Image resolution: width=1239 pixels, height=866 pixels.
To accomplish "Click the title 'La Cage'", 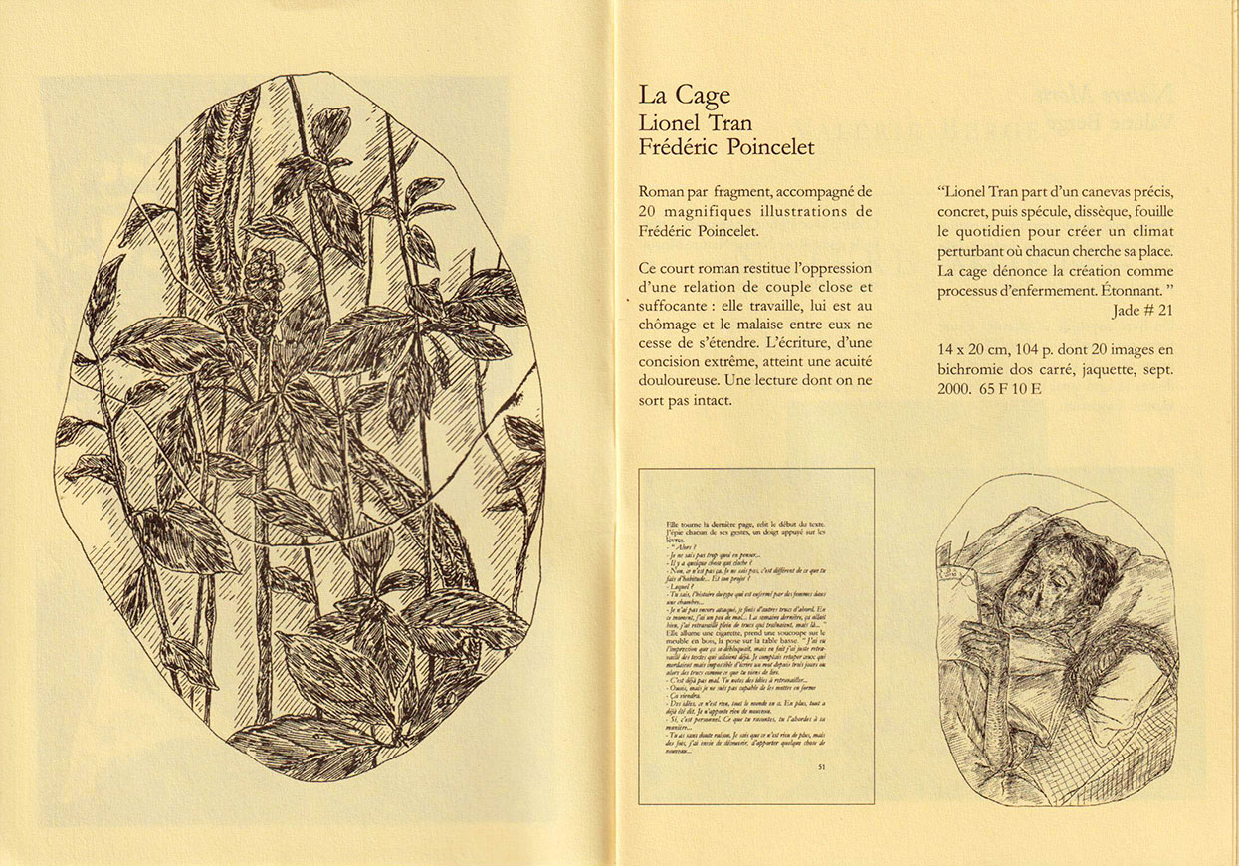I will (x=685, y=96).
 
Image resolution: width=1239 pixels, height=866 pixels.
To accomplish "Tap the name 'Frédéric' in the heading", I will (x=682, y=147).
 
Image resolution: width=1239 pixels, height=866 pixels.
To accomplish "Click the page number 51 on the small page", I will (x=821, y=766).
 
